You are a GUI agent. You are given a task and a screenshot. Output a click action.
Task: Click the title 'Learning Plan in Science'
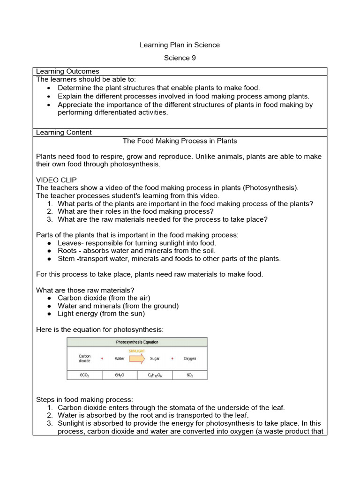pos(180,45)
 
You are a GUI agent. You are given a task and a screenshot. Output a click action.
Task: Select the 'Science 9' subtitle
pos(180,58)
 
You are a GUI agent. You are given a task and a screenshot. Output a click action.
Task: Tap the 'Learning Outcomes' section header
pos(67,71)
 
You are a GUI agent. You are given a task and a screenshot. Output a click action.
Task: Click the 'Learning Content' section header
pos(64,133)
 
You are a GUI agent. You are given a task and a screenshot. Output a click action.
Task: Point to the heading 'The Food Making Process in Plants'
pos(180,141)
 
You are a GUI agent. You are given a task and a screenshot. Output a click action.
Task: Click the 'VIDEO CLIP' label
pos(56,180)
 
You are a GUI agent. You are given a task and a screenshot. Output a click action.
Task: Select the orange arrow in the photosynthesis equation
pos(137,359)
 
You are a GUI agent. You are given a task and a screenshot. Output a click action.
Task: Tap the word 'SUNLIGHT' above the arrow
pos(137,351)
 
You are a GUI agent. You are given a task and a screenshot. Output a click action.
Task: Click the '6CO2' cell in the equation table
pos(84,375)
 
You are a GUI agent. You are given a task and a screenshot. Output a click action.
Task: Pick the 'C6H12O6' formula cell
pos(155,375)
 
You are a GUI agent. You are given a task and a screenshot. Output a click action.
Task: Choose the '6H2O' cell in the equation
pos(120,375)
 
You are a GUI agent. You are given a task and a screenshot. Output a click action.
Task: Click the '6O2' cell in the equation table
pos(190,375)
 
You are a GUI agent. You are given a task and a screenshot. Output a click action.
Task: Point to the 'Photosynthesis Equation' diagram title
pos(137,342)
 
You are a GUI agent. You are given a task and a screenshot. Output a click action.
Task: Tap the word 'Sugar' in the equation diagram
pos(155,359)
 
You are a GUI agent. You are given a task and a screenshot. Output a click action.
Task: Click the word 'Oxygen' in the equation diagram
pos(190,359)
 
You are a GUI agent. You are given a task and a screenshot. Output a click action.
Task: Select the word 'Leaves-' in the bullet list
pos(70,243)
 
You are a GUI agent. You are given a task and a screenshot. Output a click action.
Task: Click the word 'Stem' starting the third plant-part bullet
pos(66,259)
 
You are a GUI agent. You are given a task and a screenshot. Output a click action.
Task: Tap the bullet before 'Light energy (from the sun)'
pos(49,314)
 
